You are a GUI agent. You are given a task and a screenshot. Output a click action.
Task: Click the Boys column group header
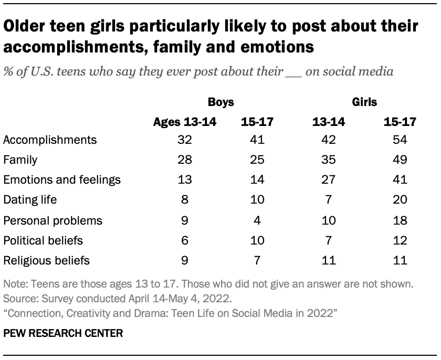[x=220, y=101]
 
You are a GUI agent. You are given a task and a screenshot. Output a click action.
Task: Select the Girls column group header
[x=365, y=101]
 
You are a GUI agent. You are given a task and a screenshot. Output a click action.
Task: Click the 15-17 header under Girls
[x=400, y=122]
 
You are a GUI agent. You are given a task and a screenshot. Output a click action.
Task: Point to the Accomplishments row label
[x=50, y=140]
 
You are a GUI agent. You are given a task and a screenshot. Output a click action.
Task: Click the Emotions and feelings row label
[x=62, y=180]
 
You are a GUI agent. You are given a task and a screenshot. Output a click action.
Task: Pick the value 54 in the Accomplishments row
[x=400, y=140]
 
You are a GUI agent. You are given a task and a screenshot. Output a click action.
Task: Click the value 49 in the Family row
[x=400, y=160]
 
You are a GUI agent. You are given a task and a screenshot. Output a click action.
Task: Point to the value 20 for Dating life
[x=400, y=200]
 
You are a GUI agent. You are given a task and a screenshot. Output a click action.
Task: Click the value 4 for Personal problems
[x=257, y=220]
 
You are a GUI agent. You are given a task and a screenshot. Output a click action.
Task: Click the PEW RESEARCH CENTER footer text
[x=63, y=333]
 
